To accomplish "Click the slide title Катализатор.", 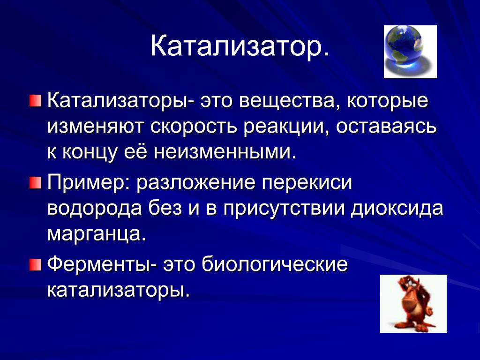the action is point(240,46).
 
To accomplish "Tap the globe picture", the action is point(410,52).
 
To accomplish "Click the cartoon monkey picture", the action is point(413,304).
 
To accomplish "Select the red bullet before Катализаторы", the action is point(35,101).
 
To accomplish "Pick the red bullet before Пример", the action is point(35,183).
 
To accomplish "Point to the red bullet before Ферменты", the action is point(35,265).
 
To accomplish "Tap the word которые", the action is point(387,101).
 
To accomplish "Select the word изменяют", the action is point(96,127).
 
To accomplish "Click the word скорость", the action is point(194,127).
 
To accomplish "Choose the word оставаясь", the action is point(386,127).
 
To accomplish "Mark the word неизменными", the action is point(225,153).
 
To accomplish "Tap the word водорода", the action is point(95,209).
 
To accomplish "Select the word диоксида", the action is point(397,209).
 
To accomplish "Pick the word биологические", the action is point(275,265).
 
